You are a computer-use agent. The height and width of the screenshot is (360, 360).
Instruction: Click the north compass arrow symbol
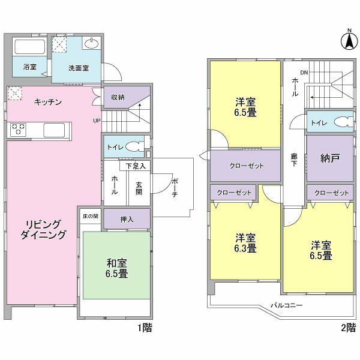coord(349,41)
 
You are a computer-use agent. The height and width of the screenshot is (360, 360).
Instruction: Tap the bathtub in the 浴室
coord(29,47)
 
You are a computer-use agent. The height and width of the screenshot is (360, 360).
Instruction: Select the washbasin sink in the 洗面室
coord(92,43)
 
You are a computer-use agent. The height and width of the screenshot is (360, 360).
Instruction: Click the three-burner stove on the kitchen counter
coord(18,130)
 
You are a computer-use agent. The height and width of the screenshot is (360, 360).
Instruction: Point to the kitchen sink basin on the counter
coord(54,130)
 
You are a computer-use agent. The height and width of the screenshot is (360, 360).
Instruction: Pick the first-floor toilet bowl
coord(134,146)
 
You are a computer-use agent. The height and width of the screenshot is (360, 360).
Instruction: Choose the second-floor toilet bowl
coord(343,122)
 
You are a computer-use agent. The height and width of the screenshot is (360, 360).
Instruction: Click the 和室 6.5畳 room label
coord(116,268)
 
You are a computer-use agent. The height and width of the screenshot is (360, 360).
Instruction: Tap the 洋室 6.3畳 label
coord(245,243)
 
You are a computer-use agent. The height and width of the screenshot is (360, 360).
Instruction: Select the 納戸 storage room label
coord(330,158)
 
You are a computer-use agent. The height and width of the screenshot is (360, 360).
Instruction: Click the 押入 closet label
coord(127,220)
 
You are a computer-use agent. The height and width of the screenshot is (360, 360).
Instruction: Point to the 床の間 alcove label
coord(91,216)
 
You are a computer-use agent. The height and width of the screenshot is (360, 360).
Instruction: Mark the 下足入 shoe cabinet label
coord(136,166)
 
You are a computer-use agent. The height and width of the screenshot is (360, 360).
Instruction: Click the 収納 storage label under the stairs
coord(118,97)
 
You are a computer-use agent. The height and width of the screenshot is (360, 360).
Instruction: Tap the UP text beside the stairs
coord(97,121)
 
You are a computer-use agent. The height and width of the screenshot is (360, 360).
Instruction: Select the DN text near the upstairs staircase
coord(304,73)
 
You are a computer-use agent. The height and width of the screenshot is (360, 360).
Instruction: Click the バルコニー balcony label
coord(287,305)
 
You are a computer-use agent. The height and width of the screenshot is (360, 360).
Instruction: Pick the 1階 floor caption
coord(145,328)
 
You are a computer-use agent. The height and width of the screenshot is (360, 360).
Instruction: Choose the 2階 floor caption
coord(349,328)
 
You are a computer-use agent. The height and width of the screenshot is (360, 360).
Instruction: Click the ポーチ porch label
coord(175,188)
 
